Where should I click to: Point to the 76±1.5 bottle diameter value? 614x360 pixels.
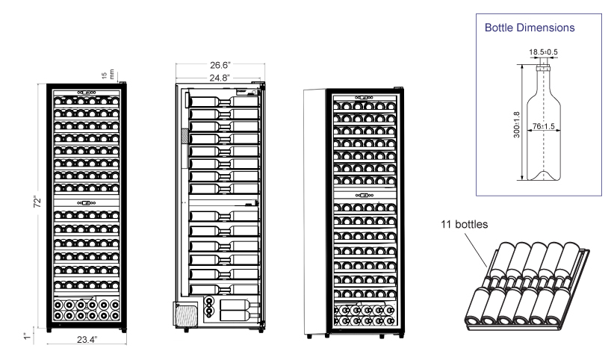point(553,128)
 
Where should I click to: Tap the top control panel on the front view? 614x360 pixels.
point(85,96)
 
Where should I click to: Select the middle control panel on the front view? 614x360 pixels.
point(85,202)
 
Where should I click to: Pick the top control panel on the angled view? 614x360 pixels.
point(364,97)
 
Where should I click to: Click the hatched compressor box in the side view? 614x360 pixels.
point(184,313)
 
